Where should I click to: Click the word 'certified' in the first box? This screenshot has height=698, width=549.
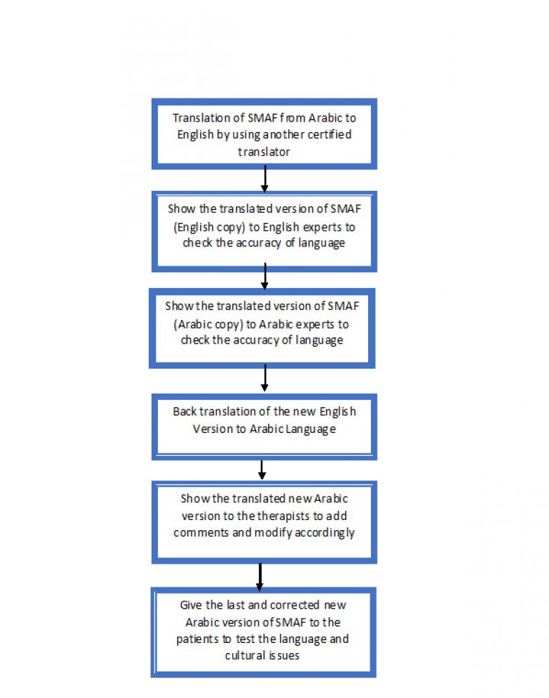pos(330,134)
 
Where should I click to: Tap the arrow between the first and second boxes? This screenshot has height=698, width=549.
pos(265,179)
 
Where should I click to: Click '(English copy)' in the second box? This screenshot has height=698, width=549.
pos(209,227)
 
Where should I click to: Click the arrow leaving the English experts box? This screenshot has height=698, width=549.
pos(265,276)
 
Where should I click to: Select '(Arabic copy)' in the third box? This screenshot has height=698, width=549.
pos(209,324)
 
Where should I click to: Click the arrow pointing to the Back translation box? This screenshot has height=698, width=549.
pos(265,378)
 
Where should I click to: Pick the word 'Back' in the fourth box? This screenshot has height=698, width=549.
pos(184,412)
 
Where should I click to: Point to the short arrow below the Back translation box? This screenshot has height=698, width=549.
pos(262,469)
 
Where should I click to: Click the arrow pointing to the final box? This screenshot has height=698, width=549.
pos(260,577)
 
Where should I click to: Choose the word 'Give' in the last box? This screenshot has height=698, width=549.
pos(191,605)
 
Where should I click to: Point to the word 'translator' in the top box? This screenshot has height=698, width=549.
pos(264,152)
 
